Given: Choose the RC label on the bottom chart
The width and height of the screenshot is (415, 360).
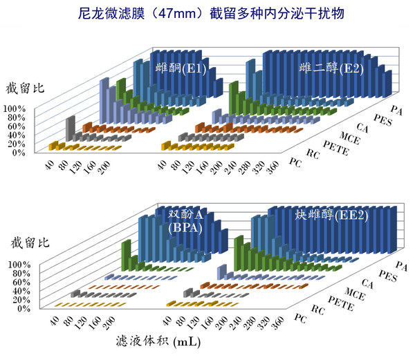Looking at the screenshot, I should (315, 309).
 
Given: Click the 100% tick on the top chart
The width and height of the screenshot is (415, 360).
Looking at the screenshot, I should (15, 109).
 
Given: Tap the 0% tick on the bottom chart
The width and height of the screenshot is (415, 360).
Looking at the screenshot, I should (20, 308).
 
